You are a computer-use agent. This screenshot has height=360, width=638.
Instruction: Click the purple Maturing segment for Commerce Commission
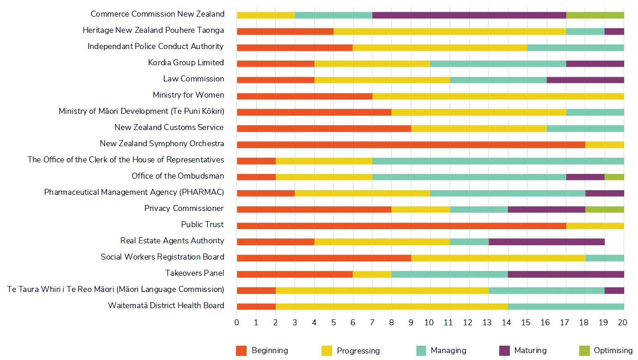click(469, 15)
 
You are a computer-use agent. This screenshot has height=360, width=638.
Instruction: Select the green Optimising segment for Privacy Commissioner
click(604, 209)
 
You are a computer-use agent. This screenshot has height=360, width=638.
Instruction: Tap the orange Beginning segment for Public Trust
click(401, 225)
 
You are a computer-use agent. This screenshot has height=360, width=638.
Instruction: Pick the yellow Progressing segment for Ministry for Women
click(498, 96)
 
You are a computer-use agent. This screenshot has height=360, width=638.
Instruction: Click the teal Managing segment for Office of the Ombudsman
click(469, 177)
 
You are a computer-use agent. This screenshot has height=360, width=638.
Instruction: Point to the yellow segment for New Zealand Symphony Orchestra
click(604, 144)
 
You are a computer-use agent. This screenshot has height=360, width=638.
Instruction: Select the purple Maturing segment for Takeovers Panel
click(565, 274)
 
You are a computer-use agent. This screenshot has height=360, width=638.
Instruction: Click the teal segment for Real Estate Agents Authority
click(469, 242)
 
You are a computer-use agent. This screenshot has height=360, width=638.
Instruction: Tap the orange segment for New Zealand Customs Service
click(323, 128)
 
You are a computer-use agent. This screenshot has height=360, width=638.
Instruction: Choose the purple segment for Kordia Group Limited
click(595, 63)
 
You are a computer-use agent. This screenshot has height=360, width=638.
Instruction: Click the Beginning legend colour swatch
click(241, 351)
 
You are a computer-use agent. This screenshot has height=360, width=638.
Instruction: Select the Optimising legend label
click(613, 351)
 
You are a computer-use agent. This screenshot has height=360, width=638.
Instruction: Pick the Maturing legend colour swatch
click(504, 351)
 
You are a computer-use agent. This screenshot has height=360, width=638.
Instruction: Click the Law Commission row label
click(193, 79)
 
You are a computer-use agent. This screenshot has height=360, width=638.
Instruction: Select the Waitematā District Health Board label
click(166, 306)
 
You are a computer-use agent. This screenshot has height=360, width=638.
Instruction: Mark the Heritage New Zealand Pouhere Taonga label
click(153, 31)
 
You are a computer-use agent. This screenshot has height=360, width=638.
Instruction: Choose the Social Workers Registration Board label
click(162, 257)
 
